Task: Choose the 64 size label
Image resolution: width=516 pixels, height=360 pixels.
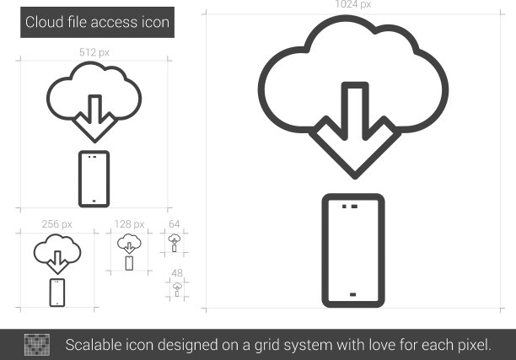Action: (x=174, y=224)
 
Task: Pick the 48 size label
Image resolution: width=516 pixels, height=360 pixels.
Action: (x=177, y=273)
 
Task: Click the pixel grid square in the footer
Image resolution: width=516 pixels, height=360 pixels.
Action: (x=37, y=345)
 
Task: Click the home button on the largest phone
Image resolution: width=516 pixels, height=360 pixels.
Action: (x=352, y=294)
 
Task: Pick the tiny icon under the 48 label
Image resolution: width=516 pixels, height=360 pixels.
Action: (x=177, y=289)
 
